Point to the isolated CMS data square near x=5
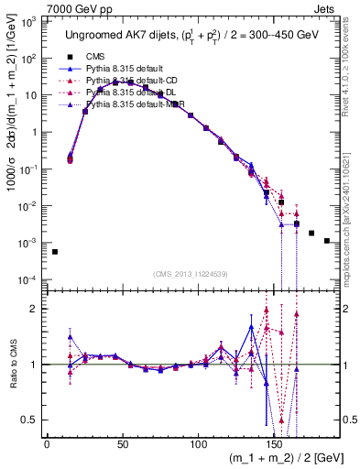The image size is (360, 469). click(55, 252)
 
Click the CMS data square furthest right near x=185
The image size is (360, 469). click(327, 241)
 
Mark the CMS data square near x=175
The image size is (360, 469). click(311, 234)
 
